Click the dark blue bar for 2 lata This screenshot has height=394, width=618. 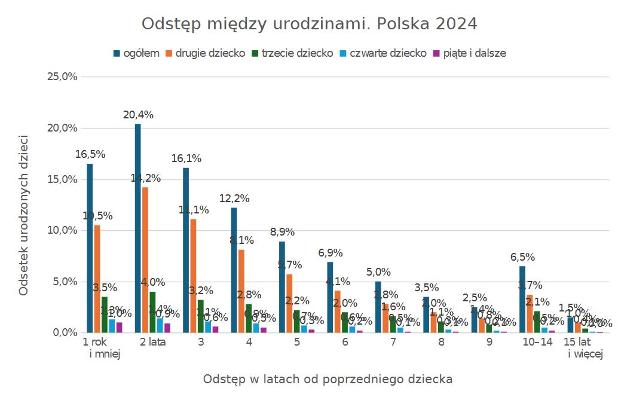(138, 227)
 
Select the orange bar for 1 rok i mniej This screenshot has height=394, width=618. (97, 279)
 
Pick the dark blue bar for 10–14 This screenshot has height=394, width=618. (522, 299)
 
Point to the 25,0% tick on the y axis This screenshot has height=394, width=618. (62, 77)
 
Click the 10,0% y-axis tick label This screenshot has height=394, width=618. (62, 230)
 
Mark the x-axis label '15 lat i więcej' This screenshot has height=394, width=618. (585, 348)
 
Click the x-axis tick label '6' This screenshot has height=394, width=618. (345, 343)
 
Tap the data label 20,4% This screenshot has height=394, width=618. (138, 115)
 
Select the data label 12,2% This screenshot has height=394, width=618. (234, 198)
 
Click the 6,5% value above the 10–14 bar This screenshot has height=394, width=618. (522, 257)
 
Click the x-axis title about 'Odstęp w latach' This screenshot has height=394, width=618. (328, 379)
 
